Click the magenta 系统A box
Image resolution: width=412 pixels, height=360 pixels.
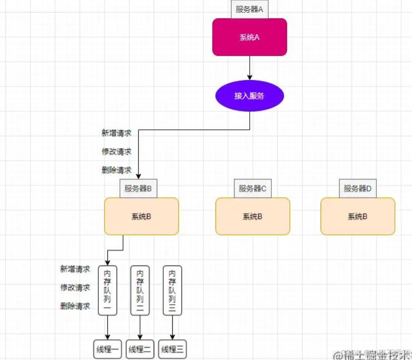[249, 37]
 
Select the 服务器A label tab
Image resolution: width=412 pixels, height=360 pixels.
[249, 9]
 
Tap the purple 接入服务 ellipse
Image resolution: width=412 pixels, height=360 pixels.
[249, 96]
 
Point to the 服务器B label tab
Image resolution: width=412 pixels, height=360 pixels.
[138, 188]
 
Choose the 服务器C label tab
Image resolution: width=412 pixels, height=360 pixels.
[252, 188]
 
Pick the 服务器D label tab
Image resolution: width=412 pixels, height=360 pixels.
[357, 188]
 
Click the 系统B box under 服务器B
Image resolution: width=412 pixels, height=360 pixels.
[141, 216]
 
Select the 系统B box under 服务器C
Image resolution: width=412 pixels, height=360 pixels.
[252, 216]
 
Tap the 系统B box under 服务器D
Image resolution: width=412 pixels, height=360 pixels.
[357, 216]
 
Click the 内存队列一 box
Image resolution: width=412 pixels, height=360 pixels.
[108, 290]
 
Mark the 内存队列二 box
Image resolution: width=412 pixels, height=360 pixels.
[140, 290]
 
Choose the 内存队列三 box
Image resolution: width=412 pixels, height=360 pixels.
[172, 290]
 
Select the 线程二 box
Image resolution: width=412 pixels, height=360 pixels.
[140, 349]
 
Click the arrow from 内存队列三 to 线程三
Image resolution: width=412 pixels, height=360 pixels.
[172, 327]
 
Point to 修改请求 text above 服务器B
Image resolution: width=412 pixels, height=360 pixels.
[116, 152]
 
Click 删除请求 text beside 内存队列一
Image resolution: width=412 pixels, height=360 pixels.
[75, 306]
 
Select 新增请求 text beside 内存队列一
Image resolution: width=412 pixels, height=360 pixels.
[75, 269]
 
